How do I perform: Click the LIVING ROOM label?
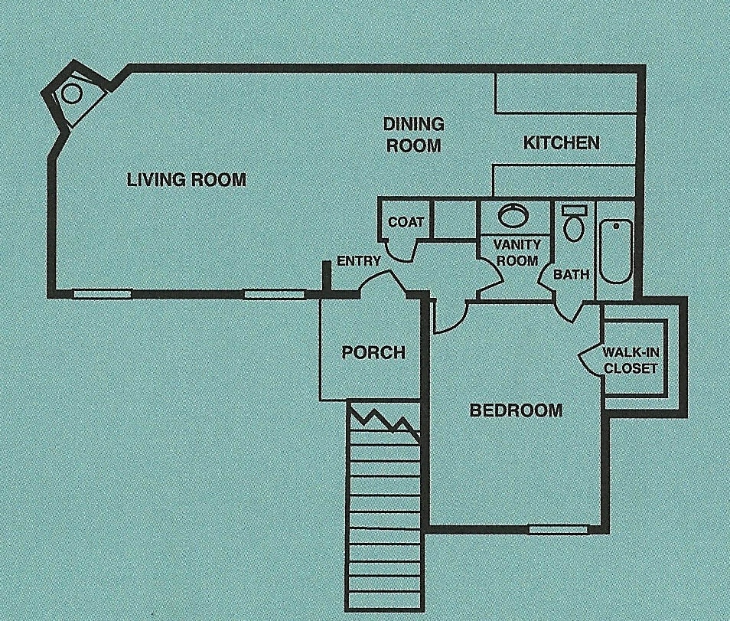(x=187, y=180)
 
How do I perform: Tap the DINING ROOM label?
(x=413, y=135)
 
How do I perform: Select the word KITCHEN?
(x=561, y=142)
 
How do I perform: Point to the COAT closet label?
(x=406, y=222)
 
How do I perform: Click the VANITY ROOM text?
(x=517, y=252)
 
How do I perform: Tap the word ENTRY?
(x=359, y=261)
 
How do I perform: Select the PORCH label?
(x=373, y=352)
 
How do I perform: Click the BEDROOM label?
(x=516, y=410)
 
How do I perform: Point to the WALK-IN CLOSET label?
(x=631, y=360)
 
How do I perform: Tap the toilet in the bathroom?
(x=574, y=224)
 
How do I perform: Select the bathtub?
(x=614, y=251)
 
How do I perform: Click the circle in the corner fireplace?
(x=71, y=93)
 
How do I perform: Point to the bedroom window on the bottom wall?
(x=559, y=529)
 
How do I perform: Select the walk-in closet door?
(x=589, y=357)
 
